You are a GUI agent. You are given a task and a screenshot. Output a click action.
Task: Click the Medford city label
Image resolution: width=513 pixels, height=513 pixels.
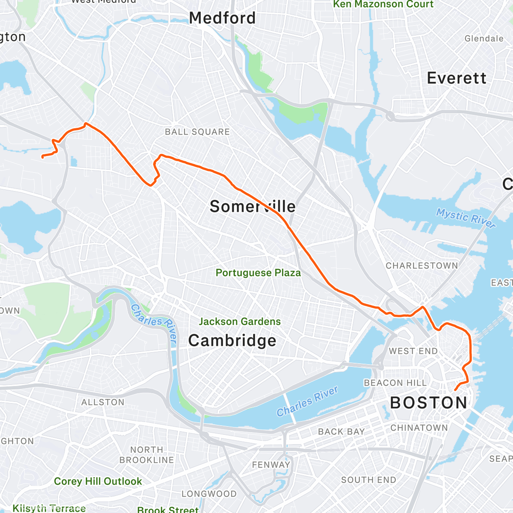(x=222, y=18)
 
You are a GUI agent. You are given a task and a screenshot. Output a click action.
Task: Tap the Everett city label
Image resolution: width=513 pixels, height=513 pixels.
(x=457, y=78)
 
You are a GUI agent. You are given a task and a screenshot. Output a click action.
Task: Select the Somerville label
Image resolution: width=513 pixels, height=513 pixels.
(x=252, y=206)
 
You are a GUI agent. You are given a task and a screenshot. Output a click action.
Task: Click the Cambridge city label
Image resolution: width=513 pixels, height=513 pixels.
(x=232, y=341)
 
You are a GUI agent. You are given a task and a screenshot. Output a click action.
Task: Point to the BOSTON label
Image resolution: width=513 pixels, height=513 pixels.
(x=429, y=403)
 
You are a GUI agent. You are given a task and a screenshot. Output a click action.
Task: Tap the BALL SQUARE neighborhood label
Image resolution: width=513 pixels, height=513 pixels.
(x=197, y=132)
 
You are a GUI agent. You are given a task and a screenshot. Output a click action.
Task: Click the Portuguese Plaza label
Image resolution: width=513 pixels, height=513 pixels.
(x=258, y=273)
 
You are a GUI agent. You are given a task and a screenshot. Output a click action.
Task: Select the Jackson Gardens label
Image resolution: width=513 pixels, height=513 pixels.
(x=239, y=321)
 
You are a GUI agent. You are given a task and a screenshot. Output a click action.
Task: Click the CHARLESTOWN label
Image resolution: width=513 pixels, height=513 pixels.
(x=422, y=265)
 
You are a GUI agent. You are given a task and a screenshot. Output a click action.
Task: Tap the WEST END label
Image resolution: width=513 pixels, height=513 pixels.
(x=413, y=351)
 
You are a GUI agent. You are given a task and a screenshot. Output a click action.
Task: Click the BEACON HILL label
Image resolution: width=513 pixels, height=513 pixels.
(x=395, y=383)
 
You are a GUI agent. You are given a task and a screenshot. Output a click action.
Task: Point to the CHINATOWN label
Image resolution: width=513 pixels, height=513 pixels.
(x=419, y=427)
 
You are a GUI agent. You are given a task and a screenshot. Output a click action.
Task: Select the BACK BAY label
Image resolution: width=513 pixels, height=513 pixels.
(x=341, y=431)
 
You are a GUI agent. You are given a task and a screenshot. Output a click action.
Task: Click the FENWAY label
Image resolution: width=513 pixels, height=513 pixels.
(x=271, y=464)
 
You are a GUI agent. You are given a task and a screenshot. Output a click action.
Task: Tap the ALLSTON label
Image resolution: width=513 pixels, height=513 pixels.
(x=103, y=402)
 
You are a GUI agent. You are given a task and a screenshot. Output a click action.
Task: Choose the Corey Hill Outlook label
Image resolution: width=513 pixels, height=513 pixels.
(x=98, y=481)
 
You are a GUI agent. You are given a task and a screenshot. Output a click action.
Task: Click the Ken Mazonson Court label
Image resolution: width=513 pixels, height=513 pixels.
(x=383, y=4)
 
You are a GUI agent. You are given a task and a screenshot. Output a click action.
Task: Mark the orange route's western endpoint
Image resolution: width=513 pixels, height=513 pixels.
(x=42, y=157)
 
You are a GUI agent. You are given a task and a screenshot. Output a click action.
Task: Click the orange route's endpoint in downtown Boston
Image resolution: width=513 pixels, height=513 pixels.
(x=454, y=390)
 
